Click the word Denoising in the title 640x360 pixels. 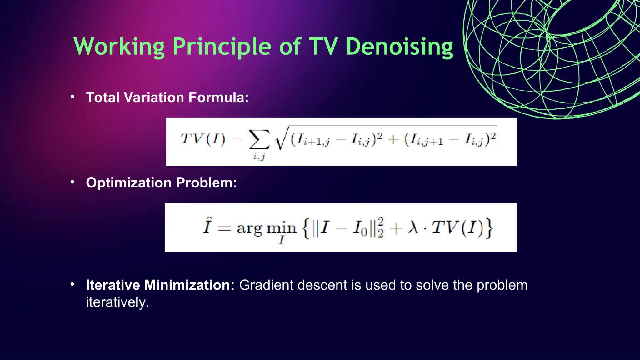click(399, 47)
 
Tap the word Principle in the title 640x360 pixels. click(222, 47)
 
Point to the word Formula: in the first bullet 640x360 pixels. click(218, 97)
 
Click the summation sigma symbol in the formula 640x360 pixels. click(259, 139)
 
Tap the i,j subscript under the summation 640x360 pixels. click(259, 156)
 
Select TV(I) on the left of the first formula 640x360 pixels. click(202, 139)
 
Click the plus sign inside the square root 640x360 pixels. click(393, 139)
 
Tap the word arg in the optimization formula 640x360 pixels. click(249, 228)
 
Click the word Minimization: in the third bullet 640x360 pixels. click(189, 285)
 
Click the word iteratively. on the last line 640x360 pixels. click(117, 302)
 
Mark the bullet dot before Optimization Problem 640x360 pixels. click(72, 182)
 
